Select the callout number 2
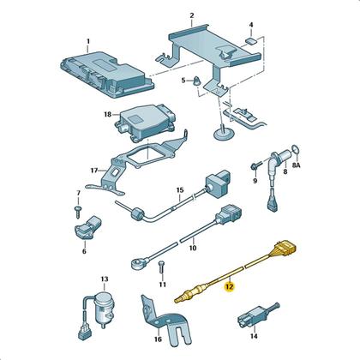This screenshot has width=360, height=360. [192, 15]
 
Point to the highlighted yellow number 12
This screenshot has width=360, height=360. [228, 287]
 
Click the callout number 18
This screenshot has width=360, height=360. [107, 114]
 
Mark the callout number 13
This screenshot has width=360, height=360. [105, 279]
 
